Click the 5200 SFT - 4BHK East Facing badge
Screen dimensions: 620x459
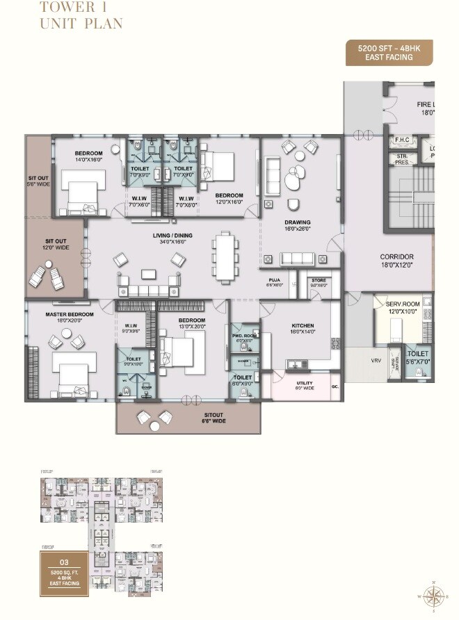click(389, 53)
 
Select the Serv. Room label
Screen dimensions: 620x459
click(403, 307)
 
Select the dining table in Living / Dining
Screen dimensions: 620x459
click(224, 256)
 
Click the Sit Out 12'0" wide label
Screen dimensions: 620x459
click(56, 245)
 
